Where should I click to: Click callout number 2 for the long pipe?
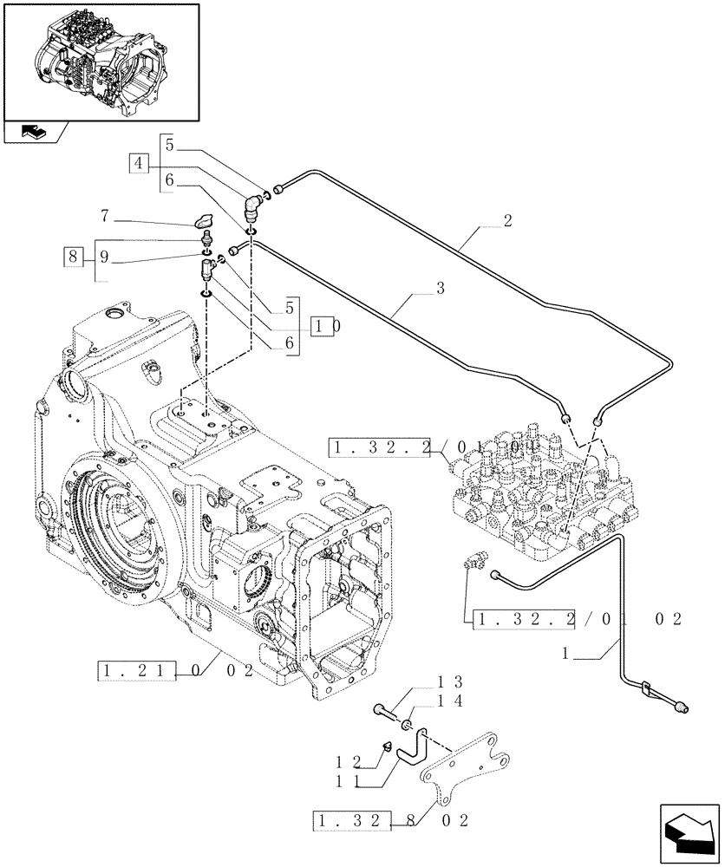pyautogui.click(x=507, y=220)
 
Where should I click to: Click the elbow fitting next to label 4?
pyautogui.click(x=251, y=205)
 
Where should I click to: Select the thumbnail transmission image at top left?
pyautogui.click(x=101, y=61)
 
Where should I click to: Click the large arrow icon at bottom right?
pyautogui.click(x=688, y=831)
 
